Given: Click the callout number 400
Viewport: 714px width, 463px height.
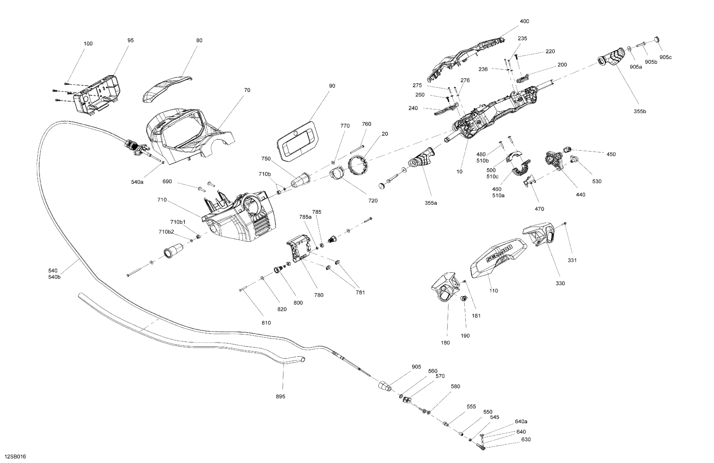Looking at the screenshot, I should click(x=524, y=21).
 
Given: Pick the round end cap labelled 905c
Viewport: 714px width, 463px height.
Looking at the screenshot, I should click(x=657, y=39).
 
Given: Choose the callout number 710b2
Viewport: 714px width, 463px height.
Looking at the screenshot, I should click(x=166, y=232).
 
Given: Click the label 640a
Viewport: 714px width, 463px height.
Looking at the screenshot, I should click(x=521, y=421).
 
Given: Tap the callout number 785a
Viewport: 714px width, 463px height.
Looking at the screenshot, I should click(x=305, y=217).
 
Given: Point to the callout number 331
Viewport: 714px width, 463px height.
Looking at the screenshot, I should click(x=572, y=260).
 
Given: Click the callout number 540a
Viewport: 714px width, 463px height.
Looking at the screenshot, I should click(x=137, y=182).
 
